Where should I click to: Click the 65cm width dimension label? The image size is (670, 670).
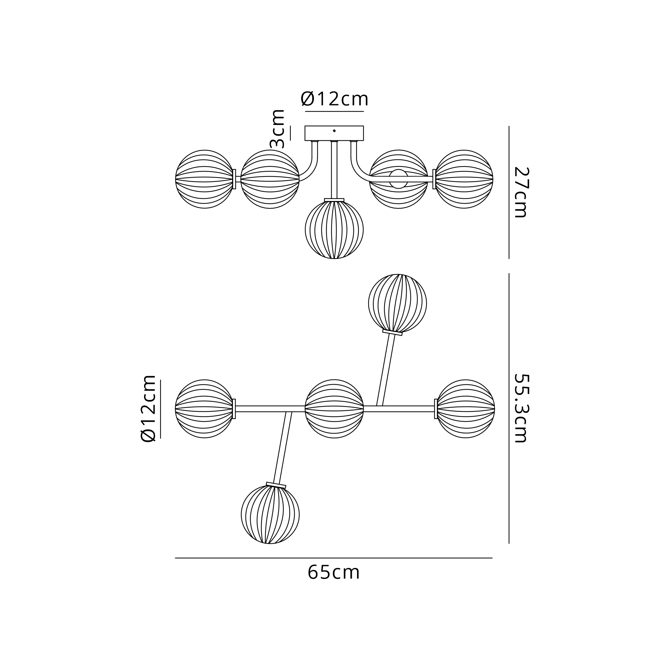[334, 573]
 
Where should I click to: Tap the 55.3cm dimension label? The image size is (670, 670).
[521, 408]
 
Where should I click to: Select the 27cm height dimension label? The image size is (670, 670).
[521, 193]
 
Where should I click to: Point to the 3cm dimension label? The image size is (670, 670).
[277, 129]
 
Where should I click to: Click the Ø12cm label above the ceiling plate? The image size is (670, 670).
[334, 99]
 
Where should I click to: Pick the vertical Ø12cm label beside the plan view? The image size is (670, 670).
[148, 408]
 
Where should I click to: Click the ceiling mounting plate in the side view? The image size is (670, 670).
[334, 133]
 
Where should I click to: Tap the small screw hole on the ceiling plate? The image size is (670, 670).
[334, 131]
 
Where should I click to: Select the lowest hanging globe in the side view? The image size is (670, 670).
[334, 230]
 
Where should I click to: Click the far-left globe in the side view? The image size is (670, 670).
[204, 179]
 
